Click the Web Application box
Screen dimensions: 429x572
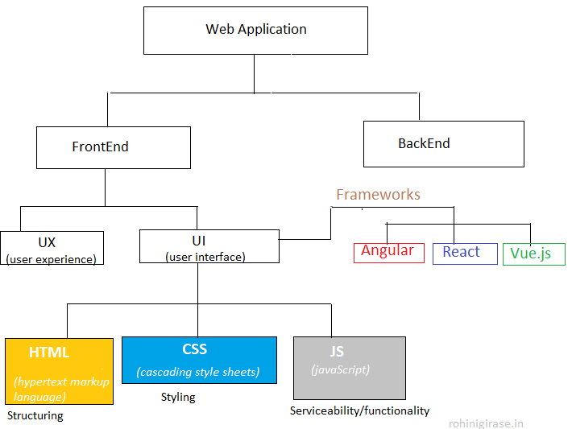point(255,31)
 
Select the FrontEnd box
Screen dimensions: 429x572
point(113,147)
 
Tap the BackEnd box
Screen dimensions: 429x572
point(443,144)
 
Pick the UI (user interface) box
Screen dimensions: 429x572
point(209,246)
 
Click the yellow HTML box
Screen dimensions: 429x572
point(58,370)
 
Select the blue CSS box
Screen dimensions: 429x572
point(198,360)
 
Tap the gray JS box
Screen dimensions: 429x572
point(349,368)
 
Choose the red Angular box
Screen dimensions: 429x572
point(388,252)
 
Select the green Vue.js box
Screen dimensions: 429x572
point(533,254)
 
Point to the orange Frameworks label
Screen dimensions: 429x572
point(378,195)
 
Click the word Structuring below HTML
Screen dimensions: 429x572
point(35,416)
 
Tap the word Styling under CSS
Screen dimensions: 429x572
point(178,397)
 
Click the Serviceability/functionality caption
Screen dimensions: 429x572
point(359,410)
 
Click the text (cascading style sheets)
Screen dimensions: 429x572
point(198,372)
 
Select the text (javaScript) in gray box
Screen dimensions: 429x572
point(341,369)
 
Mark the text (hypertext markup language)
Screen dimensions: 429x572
point(61,389)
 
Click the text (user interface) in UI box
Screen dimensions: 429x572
point(205,257)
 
